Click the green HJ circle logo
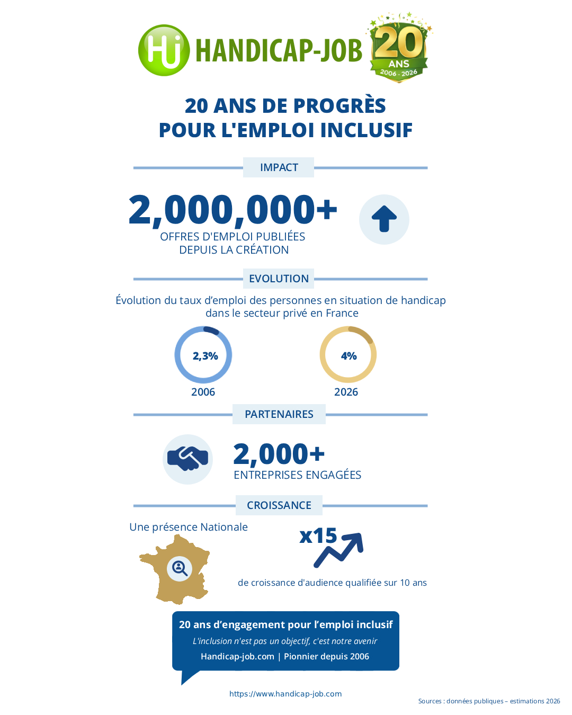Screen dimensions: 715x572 point(164,50)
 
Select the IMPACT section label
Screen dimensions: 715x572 point(279,167)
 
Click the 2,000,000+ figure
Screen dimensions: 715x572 point(233,209)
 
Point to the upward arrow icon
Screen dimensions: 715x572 point(384,219)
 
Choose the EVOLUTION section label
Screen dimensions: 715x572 point(279,279)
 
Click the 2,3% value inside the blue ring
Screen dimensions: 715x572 point(205,356)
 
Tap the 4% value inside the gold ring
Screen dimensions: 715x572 point(348,356)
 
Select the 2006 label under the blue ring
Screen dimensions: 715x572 point(203,392)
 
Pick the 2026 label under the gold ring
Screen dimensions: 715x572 point(346,392)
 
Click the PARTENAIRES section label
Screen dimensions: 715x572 point(279,414)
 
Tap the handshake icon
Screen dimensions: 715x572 point(187,459)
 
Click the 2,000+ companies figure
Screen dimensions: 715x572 point(279,454)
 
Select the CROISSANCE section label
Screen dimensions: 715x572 point(279,505)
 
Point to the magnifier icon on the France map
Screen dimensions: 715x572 point(180,569)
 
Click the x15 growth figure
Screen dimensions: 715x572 point(318,536)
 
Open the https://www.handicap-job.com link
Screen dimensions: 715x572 point(285,694)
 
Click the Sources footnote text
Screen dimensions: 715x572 point(489,701)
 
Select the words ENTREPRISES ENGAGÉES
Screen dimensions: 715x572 point(297,475)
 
